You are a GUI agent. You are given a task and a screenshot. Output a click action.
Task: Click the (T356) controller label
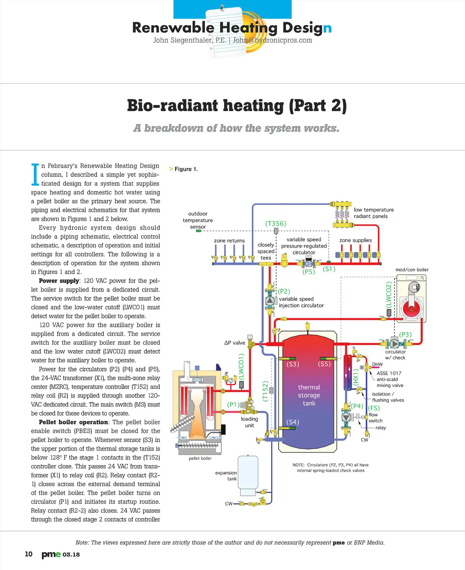pyautogui.click(x=276, y=223)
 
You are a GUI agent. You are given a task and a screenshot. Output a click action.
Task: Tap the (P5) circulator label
pyautogui.click(x=308, y=272)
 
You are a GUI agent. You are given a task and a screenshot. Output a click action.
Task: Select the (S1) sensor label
pyautogui.click(x=329, y=269)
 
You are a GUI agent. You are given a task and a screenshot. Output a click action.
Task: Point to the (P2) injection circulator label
pyautogui.click(x=284, y=291)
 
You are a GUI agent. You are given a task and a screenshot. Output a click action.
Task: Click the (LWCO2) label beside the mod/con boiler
pyautogui.click(x=389, y=295)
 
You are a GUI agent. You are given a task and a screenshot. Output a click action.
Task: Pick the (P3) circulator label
pyautogui.click(x=405, y=334)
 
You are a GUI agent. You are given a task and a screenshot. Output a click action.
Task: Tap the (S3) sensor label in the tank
pyautogui.click(x=293, y=364)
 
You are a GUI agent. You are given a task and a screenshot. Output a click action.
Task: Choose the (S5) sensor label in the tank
pyautogui.click(x=324, y=364)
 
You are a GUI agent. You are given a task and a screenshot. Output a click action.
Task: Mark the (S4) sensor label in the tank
pyautogui.click(x=293, y=422)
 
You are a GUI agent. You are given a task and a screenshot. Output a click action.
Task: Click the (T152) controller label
pyautogui.click(x=265, y=391)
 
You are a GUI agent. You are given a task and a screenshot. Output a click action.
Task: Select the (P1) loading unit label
pyautogui.click(x=233, y=405)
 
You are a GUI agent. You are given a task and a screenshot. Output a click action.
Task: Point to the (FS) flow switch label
pyautogui.click(x=374, y=408)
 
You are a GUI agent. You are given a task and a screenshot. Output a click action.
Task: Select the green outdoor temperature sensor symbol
pyautogui.click(x=198, y=231)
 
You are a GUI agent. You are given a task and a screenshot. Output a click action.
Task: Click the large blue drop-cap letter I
pyautogui.click(x=35, y=174)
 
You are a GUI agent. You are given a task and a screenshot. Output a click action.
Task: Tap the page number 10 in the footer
pyautogui.click(x=29, y=554)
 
